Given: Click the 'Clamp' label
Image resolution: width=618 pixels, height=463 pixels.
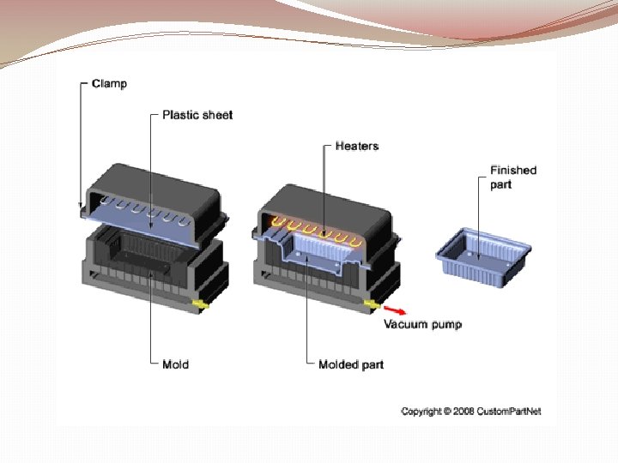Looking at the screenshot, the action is click(x=109, y=83).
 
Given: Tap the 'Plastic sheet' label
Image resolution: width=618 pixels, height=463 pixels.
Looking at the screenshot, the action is click(x=197, y=114).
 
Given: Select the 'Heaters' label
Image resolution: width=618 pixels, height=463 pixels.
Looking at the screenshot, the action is click(x=356, y=146).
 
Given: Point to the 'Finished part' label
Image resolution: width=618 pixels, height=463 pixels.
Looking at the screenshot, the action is click(x=512, y=177).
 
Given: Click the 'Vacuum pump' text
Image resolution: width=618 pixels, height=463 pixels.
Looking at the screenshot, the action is click(x=422, y=324).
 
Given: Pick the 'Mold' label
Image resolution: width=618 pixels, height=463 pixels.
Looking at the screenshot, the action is click(x=175, y=364).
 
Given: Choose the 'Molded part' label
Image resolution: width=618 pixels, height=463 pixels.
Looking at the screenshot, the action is click(x=350, y=364).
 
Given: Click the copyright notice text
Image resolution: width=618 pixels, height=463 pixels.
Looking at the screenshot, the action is click(x=471, y=412).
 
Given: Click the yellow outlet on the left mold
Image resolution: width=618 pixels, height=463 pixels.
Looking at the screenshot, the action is click(x=201, y=304).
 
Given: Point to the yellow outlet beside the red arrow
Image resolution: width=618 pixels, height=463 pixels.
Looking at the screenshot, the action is click(x=371, y=304).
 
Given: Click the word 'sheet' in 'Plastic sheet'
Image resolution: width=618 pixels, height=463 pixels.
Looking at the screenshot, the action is click(x=216, y=114).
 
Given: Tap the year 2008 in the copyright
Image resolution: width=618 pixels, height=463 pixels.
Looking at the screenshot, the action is click(x=463, y=412).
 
